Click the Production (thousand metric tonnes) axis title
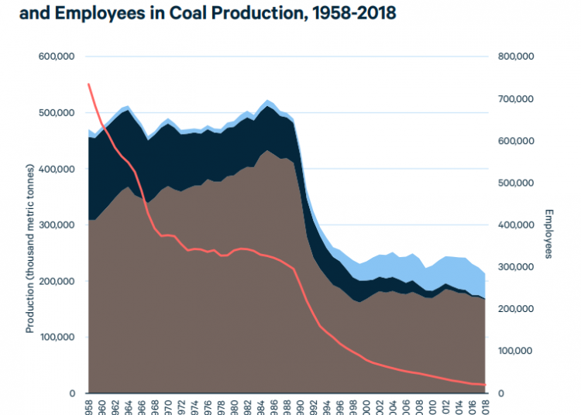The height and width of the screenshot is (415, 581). pos(30,248)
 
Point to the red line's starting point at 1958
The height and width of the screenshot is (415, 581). pos(88,84)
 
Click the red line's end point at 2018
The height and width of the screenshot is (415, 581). pos(486,385)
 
